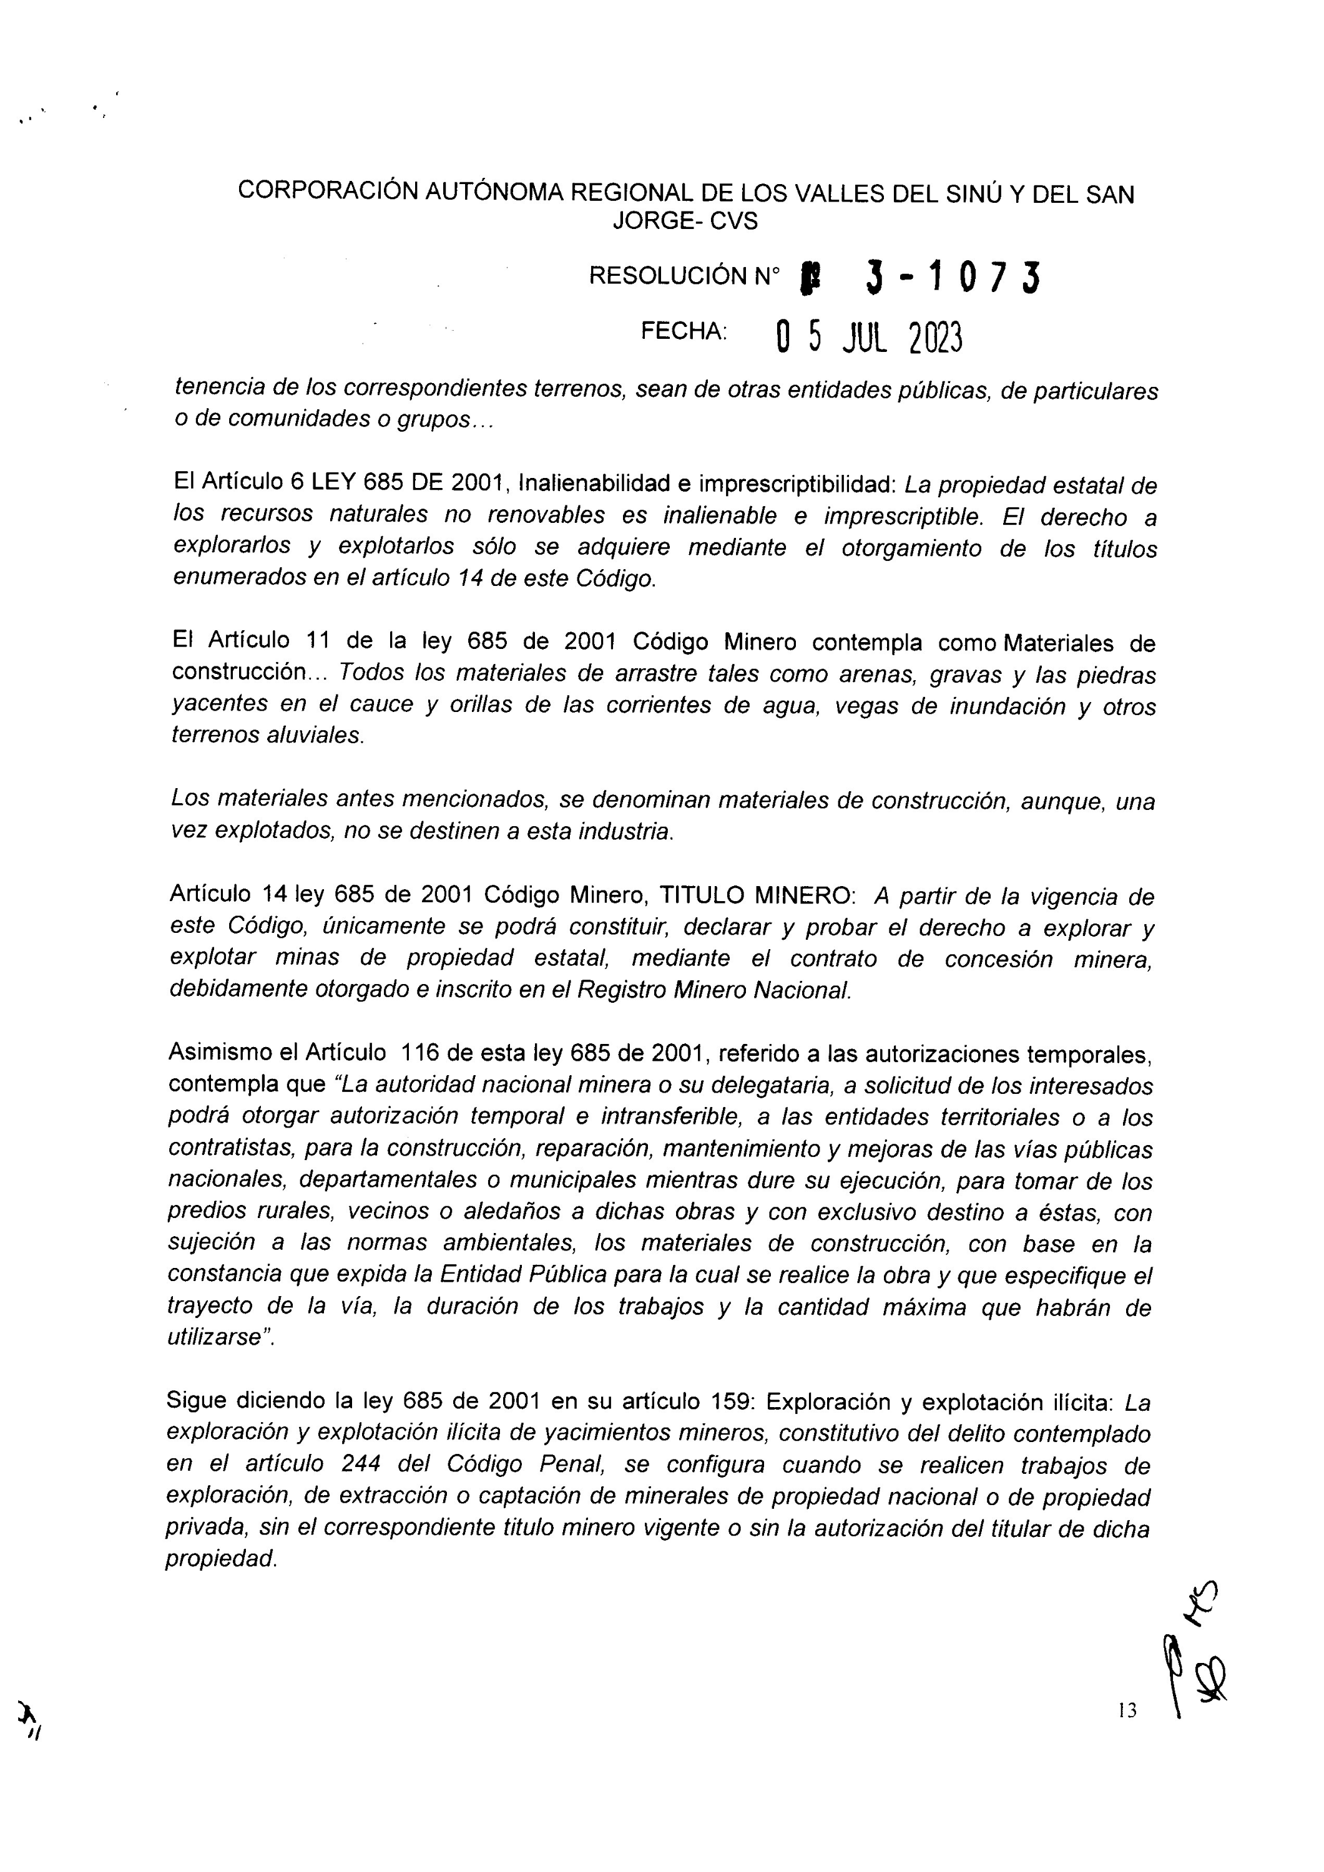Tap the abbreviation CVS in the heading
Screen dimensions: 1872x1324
tap(733, 221)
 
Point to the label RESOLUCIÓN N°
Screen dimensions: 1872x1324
tap(684, 276)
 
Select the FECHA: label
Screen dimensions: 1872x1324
tap(684, 331)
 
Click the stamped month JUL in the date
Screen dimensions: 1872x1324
tap(864, 337)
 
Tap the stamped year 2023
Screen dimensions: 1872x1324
tap(935, 338)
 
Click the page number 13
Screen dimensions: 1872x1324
tap(1127, 1710)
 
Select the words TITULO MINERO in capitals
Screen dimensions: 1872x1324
tap(756, 895)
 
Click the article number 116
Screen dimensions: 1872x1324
tap(419, 1053)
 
